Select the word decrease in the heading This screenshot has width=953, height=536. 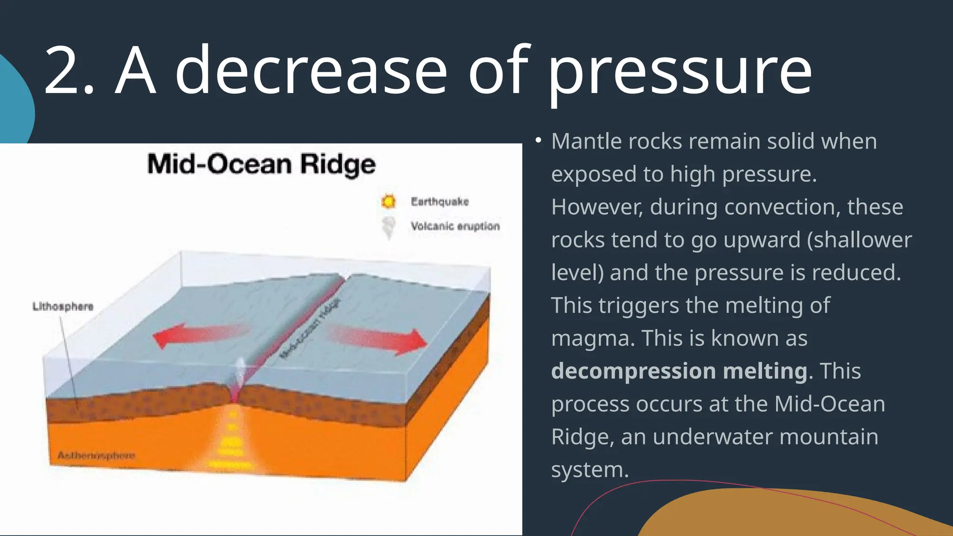(x=311, y=71)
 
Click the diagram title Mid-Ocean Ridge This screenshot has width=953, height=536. (x=262, y=165)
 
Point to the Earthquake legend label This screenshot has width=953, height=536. (x=439, y=201)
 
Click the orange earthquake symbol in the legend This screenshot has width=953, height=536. (x=388, y=201)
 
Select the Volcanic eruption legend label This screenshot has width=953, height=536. (x=455, y=226)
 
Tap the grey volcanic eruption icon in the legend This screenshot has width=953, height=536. (x=388, y=227)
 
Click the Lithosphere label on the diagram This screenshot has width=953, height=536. (x=63, y=306)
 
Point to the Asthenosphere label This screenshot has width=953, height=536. (x=96, y=455)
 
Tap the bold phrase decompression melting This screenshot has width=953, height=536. (x=679, y=371)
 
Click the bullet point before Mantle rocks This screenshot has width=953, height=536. (x=538, y=140)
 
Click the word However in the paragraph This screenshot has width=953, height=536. (x=597, y=207)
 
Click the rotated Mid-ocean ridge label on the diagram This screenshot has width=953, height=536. (x=310, y=328)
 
